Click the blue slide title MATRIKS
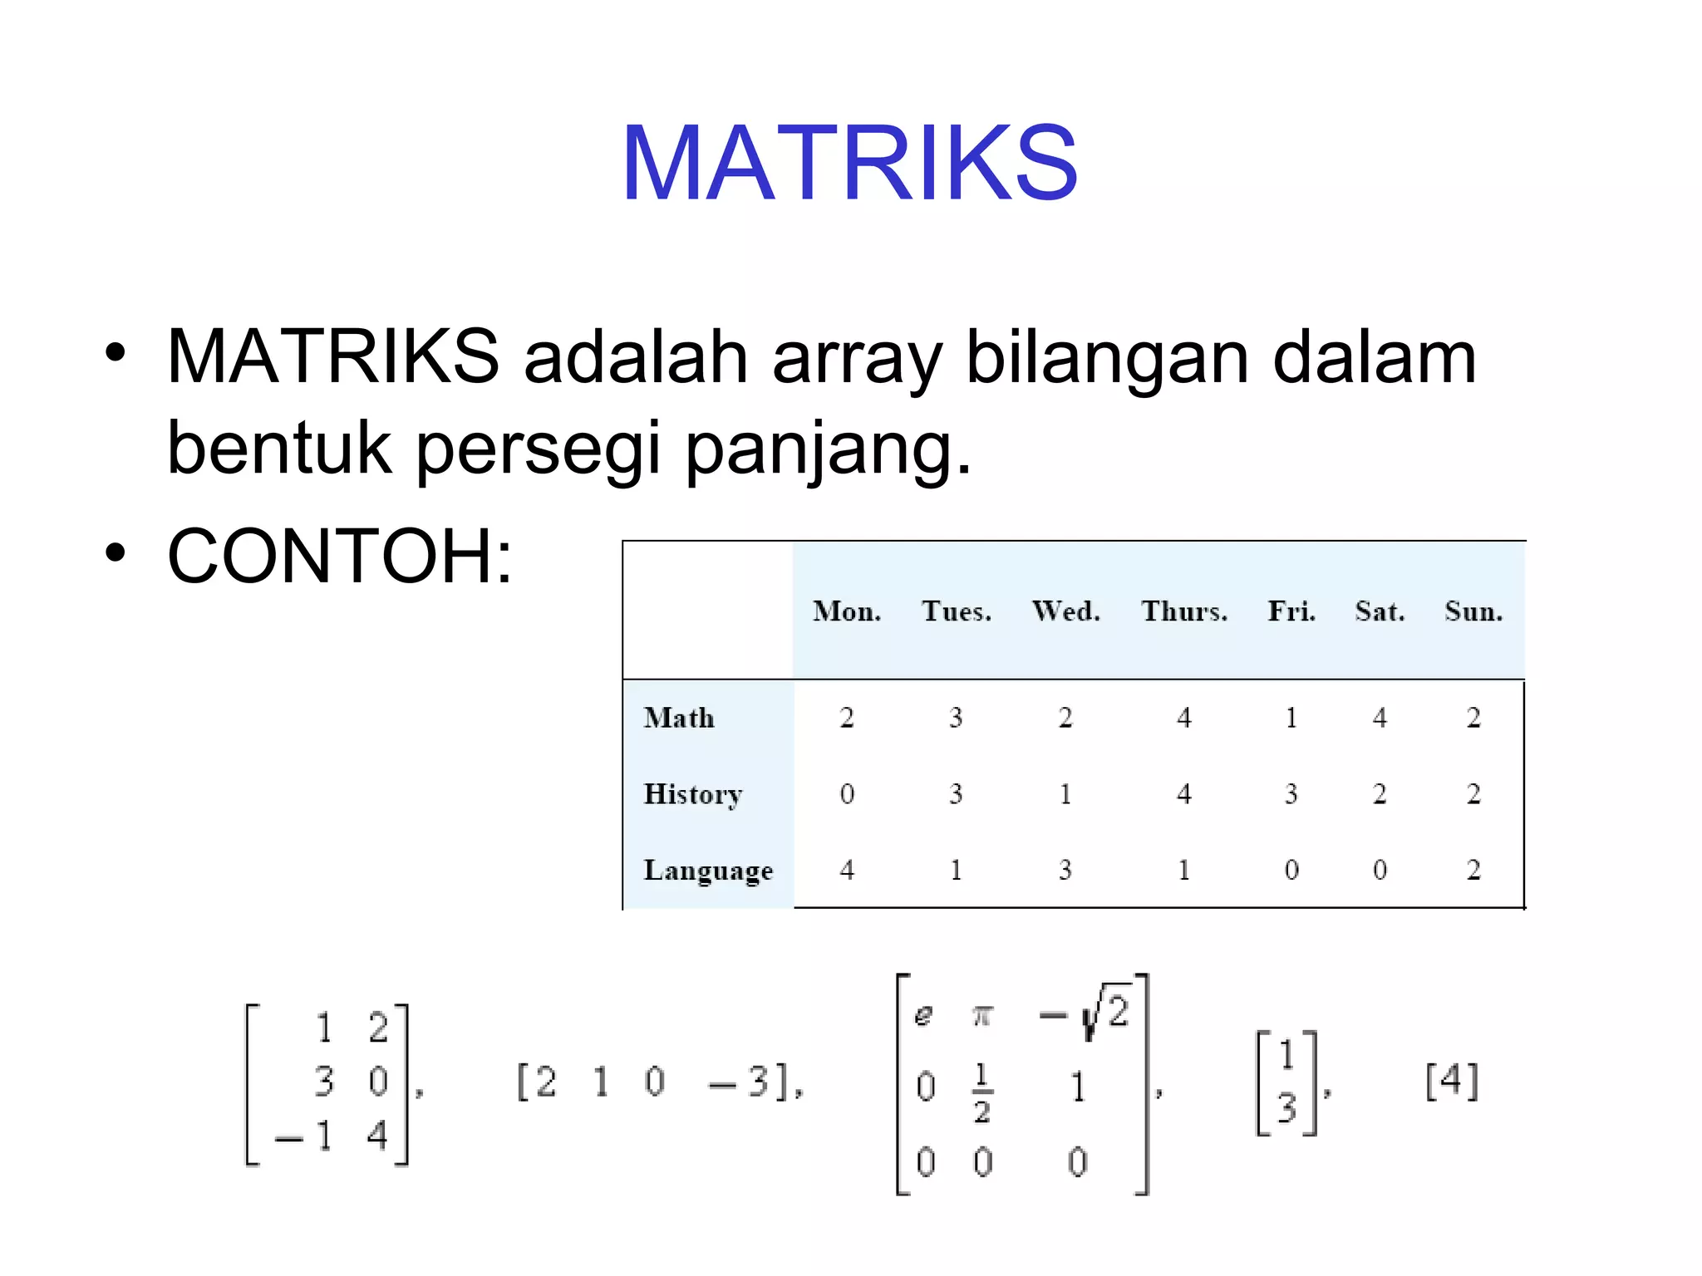(x=849, y=162)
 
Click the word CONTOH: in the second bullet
(x=340, y=556)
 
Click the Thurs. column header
(x=1184, y=611)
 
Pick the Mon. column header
(x=847, y=611)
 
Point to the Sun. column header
(x=1473, y=611)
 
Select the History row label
(x=692, y=794)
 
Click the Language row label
(x=708, y=870)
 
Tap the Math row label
(x=679, y=718)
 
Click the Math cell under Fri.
(x=1291, y=718)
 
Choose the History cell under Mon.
(x=847, y=794)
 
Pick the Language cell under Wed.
(x=1065, y=870)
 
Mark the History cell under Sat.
(x=1380, y=794)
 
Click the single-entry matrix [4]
(x=1452, y=1081)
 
